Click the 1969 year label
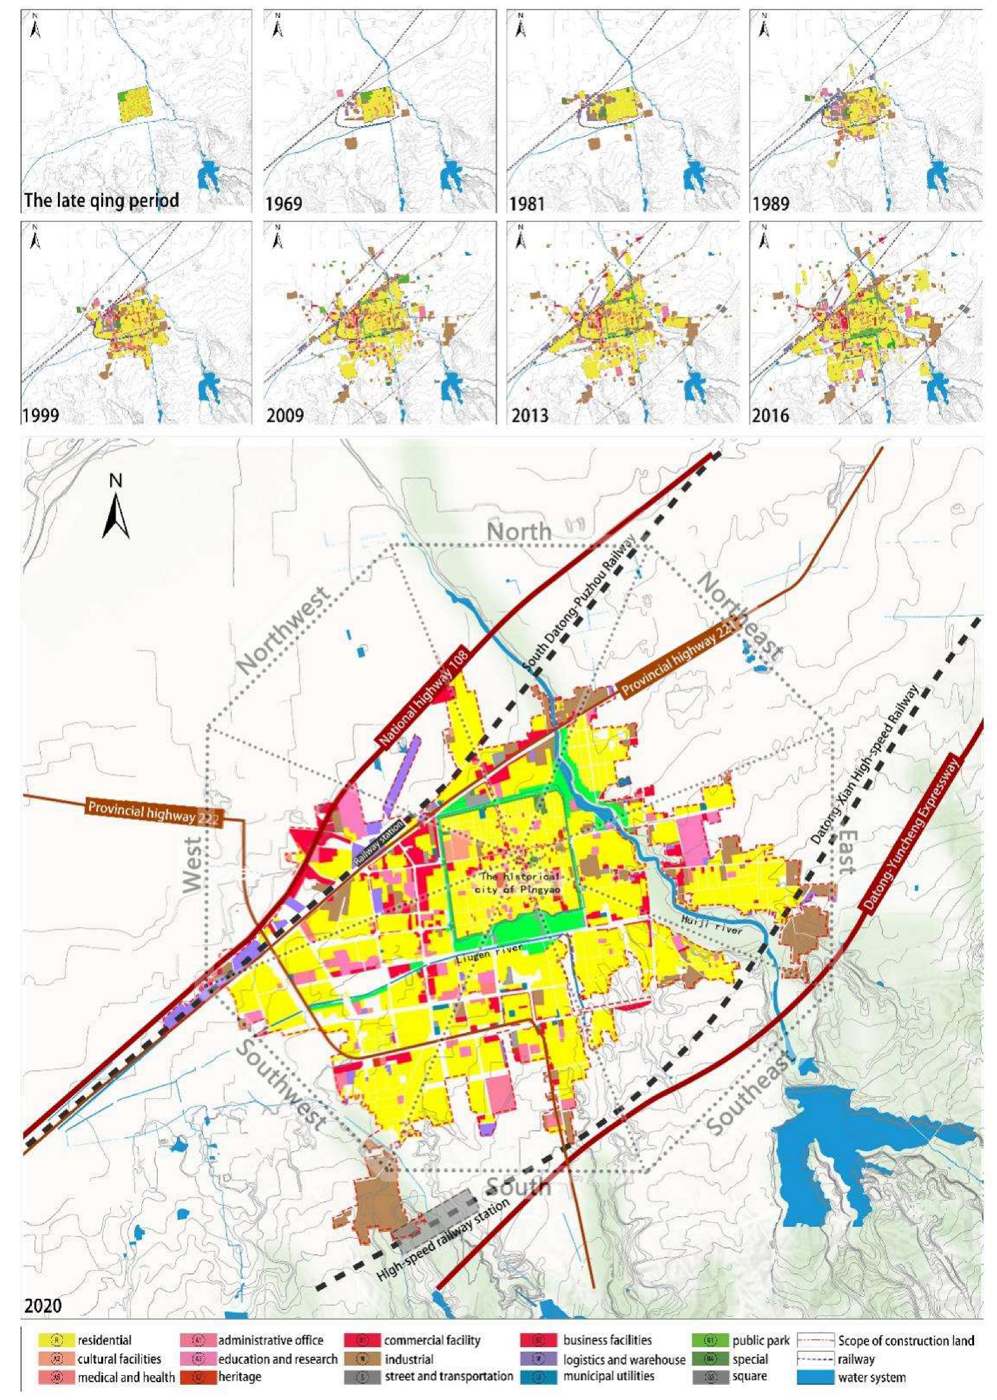pos(284,204)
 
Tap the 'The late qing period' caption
pos(101,201)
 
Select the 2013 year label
pos(530,416)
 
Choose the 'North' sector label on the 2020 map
pos(519,532)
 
